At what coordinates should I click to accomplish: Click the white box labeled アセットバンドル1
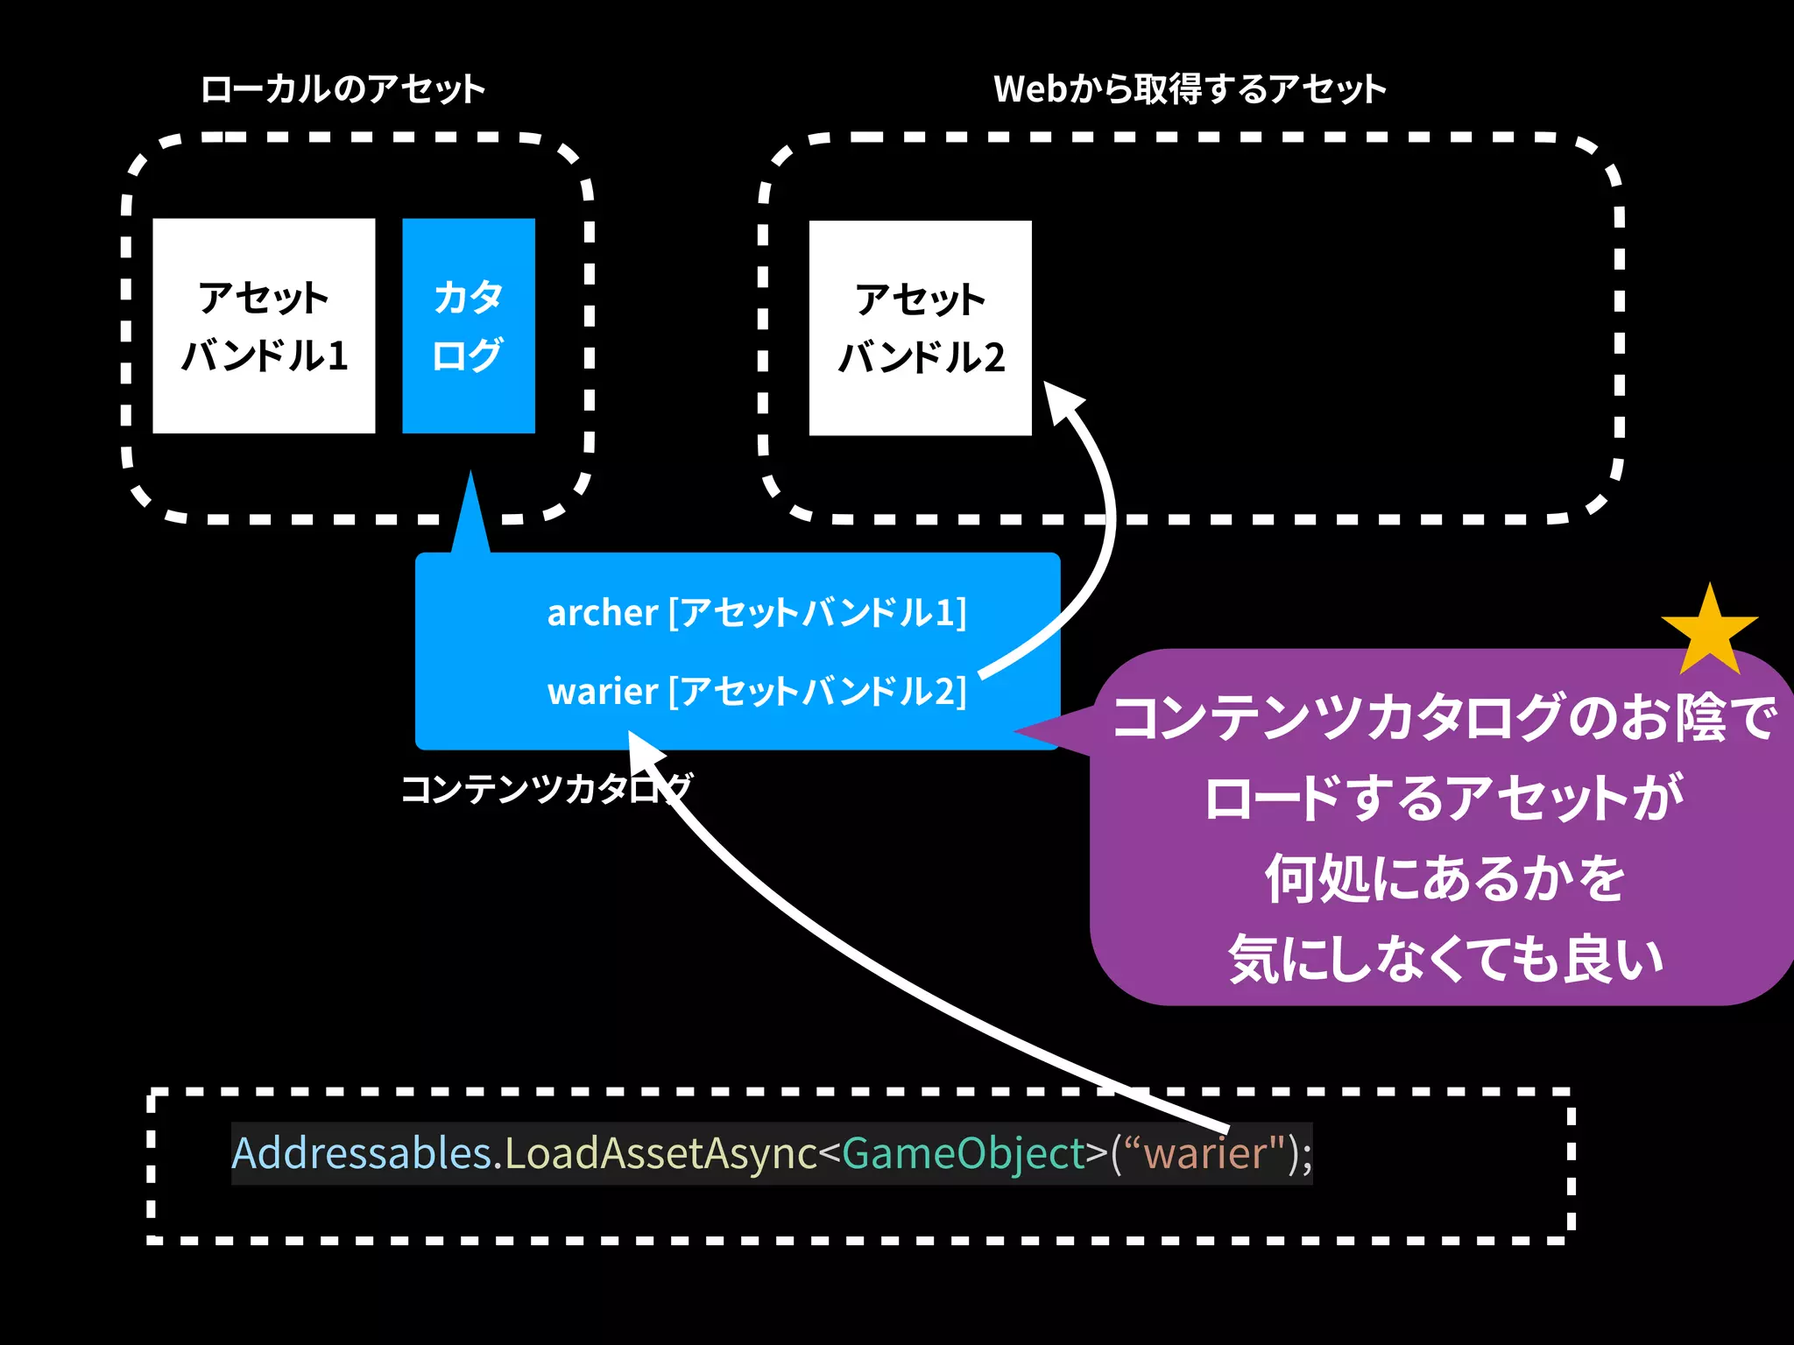click(264, 326)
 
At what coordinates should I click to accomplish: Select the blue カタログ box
click(469, 326)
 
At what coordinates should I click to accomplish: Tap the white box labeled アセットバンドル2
click(920, 328)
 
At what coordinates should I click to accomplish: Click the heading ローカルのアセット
click(343, 89)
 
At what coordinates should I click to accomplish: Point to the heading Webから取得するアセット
click(1190, 89)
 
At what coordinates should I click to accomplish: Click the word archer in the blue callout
click(602, 613)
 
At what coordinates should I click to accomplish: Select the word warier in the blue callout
click(602, 692)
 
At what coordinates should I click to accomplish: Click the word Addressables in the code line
click(361, 1152)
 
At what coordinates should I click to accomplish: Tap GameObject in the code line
click(964, 1152)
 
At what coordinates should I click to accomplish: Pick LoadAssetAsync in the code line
click(661, 1152)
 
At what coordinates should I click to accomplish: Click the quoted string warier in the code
click(1206, 1152)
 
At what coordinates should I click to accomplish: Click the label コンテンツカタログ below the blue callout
click(547, 788)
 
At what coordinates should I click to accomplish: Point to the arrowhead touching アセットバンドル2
click(1062, 401)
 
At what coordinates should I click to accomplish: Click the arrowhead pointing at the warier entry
click(646, 751)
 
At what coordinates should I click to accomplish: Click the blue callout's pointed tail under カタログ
click(470, 517)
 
